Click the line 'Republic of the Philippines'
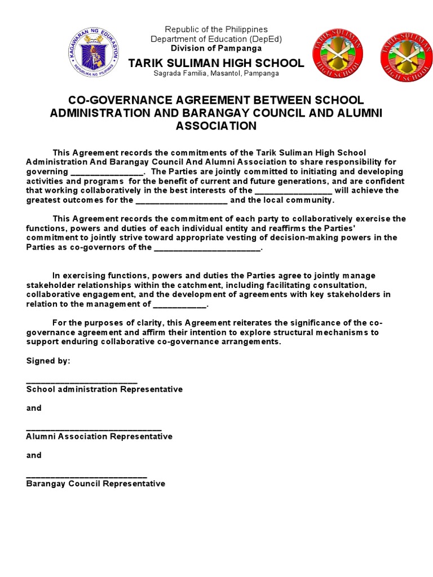click(x=216, y=29)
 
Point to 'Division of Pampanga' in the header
click(x=216, y=48)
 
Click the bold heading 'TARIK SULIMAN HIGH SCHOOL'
click(x=216, y=63)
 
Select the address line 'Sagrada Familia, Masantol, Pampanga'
click(x=216, y=73)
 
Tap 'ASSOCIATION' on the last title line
click(x=216, y=126)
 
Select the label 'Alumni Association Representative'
click(x=99, y=437)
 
